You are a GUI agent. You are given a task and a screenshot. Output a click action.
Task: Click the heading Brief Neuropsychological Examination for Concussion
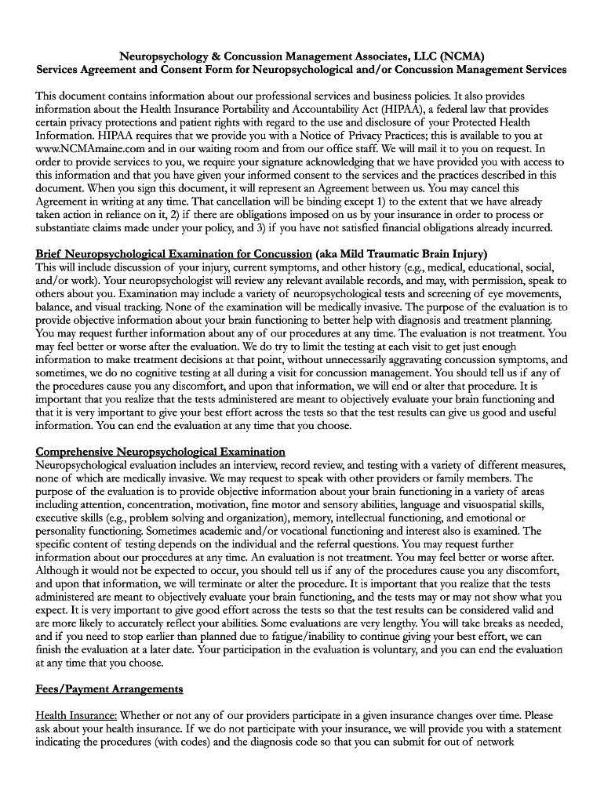173,253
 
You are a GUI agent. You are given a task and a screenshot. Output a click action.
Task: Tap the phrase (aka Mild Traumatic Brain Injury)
401,253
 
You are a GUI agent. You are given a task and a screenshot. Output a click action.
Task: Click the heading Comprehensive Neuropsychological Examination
160,452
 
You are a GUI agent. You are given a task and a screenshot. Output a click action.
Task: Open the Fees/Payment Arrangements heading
109,689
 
